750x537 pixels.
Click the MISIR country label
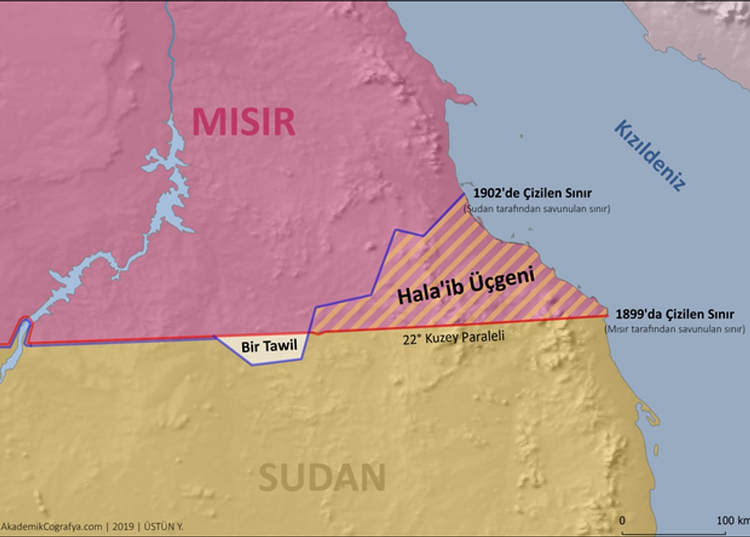(244, 121)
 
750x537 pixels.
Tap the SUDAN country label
(322, 478)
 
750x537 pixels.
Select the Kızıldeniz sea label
(650, 154)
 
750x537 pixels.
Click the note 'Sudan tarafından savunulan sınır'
(536, 209)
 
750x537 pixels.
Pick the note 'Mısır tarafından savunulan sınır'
(675, 328)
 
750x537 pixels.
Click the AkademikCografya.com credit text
(51, 526)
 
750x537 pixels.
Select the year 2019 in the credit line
(122, 526)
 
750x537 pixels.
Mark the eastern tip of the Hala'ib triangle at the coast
(606, 311)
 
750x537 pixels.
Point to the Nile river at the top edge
(167, 5)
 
